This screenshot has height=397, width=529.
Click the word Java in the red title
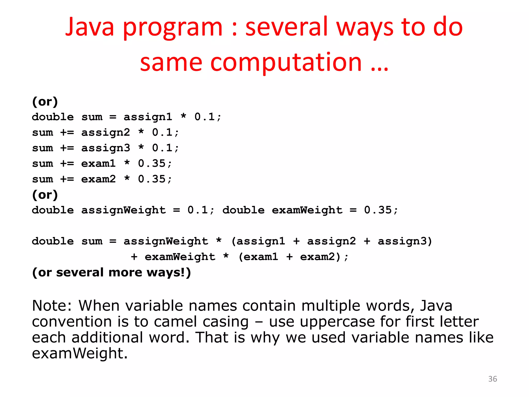[89, 27]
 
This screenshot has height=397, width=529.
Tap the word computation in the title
[286, 63]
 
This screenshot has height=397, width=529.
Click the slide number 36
[492, 379]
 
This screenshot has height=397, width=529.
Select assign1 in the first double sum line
[148, 117]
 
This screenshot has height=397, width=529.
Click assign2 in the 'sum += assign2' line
[106, 133]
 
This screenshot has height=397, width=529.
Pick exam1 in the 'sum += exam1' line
[98, 164]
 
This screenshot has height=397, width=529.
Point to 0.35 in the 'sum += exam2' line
[152, 179]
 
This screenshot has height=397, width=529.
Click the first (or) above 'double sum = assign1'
[45, 102]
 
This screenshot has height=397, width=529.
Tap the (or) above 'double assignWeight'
[45, 195]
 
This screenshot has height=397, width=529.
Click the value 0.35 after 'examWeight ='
[378, 210]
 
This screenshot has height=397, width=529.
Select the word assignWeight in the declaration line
[123, 210]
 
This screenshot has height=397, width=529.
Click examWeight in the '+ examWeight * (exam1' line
[180, 257]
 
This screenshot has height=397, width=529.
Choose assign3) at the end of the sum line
[405, 241]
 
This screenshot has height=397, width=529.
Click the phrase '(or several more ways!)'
[111, 272]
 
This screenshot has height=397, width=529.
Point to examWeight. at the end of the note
[80, 353]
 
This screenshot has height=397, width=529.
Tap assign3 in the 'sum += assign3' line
[106, 148]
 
